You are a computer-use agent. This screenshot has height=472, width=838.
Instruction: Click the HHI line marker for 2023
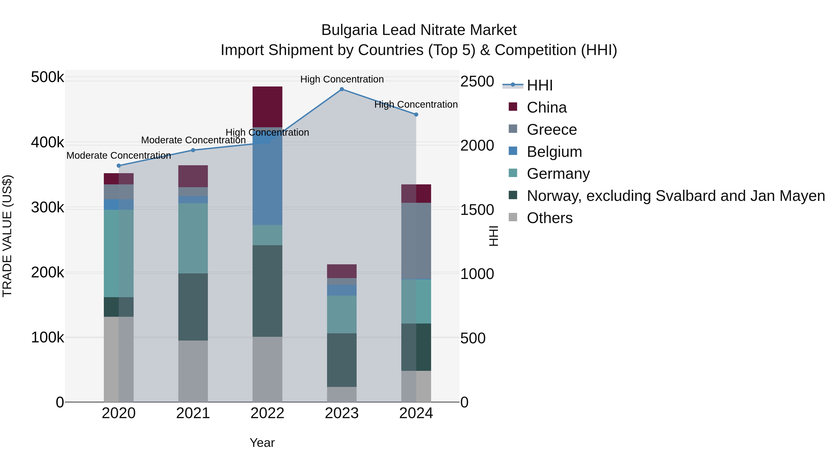click(x=341, y=89)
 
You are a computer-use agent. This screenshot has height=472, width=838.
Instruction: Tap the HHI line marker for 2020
click(x=119, y=166)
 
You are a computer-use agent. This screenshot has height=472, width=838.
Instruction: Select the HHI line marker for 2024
click(x=416, y=115)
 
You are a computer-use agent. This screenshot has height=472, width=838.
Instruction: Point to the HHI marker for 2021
click(x=193, y=150)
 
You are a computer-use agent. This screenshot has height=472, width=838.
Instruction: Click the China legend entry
click(x=547, y=107)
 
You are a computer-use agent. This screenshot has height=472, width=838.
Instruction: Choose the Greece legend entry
click(x=552, y=130)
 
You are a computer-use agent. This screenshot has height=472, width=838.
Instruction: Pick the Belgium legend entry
click(x=554, y=152)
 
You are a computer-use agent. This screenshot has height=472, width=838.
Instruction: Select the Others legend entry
click(x=549, y=218)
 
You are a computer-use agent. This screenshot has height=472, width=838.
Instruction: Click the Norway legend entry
click(x=676, y=196)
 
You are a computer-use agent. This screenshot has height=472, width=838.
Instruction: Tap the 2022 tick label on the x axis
click(x=267, y=413)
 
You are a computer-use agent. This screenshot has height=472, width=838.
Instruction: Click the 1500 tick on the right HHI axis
click(x=477, y=210)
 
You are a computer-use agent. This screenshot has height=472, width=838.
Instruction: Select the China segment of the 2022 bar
click(x=267, y=107)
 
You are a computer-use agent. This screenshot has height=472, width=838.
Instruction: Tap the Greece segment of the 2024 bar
click(x=416, y=241)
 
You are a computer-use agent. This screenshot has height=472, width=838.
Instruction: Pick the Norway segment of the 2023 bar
click(x=341, y=360)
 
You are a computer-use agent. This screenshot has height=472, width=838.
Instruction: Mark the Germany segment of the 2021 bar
click(x=193, y=238)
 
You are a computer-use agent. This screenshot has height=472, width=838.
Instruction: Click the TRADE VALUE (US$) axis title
click(x=7, y=236)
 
